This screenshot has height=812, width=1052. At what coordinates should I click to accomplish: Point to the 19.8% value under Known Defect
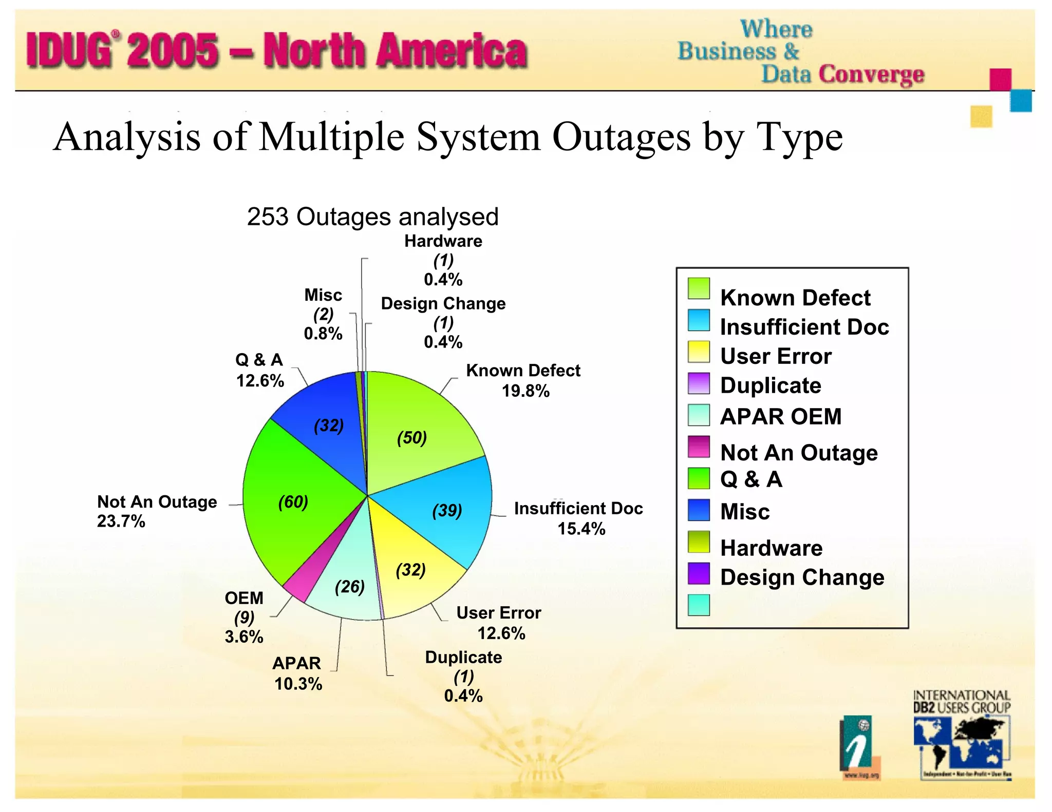(x=525, y=391)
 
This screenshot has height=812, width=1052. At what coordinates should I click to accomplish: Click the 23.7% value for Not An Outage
(x=121, y=521)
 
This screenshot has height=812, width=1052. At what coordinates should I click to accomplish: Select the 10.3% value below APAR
(x=298, y=684)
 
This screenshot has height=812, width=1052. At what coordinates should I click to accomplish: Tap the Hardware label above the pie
(x=443, y=241)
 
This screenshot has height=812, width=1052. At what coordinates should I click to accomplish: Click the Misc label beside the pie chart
(x=323, y=295)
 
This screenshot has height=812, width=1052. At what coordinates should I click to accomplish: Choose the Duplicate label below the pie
(x=463, y=658)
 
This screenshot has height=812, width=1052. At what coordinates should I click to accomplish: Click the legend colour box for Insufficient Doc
(x=699, y=320)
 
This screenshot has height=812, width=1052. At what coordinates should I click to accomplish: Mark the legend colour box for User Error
(x=699, y=352)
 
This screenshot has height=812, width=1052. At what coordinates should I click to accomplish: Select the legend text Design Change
(x=802, y=577)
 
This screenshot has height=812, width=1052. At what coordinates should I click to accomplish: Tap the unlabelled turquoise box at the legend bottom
(x=699, y=605)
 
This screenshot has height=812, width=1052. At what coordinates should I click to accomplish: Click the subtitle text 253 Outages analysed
(x=372, y=217)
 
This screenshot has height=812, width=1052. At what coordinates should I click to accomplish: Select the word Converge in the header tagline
(x=871, y=74)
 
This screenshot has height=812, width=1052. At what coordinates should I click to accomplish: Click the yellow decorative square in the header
(x=981, y=117)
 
